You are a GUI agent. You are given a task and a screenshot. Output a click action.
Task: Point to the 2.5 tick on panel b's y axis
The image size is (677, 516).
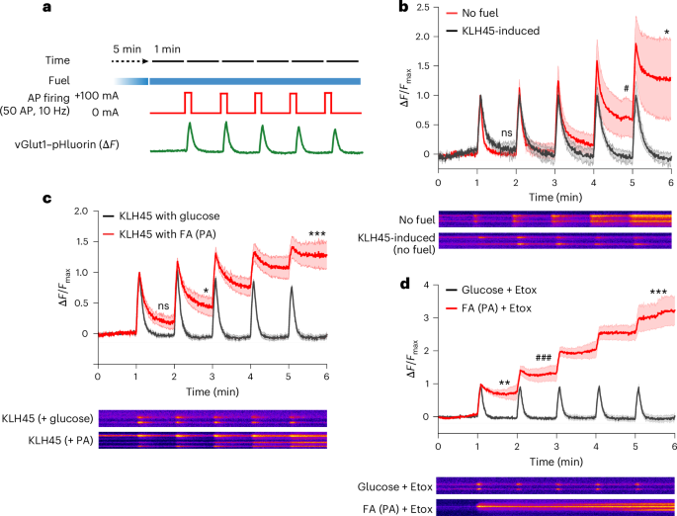(x=426, y=9)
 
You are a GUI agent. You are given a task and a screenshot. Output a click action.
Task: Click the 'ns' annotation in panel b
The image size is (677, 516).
(x=507, y=130)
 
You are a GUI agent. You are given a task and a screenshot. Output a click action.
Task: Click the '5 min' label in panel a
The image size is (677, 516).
(x=127, y=46)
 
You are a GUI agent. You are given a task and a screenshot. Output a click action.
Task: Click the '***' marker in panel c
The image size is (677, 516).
(x=317, y=234)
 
